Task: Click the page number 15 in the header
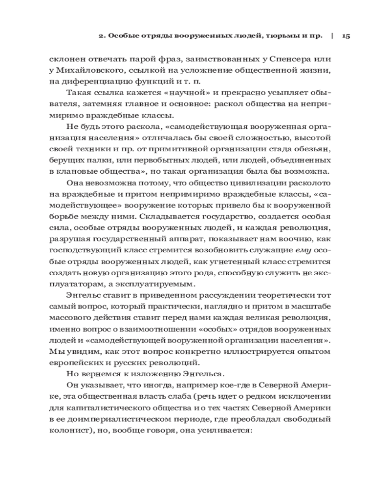pyautogui.click(x=346, y=36)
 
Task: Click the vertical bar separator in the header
pyautogui.click(x=332, y=36)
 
